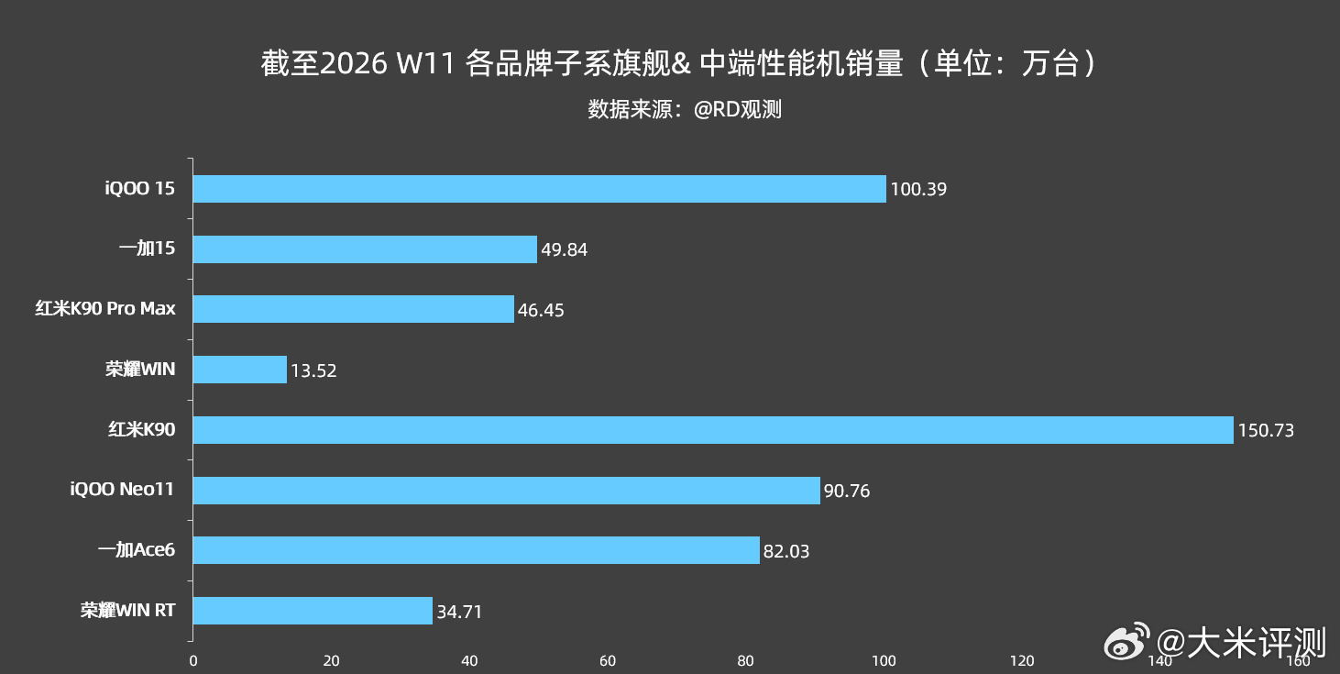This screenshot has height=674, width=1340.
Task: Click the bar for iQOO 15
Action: pyautogui.click(x=539, y=189)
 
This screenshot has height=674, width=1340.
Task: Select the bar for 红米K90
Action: pyautogui.click(x=713, y=430)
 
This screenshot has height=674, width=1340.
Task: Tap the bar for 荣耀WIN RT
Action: pyautogui.click(x=313, y=611)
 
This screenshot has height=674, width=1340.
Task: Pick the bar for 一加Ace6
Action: pyautogui.click(x=476, y=550)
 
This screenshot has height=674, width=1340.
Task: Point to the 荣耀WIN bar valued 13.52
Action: pyautogui.click(x=239, y=370)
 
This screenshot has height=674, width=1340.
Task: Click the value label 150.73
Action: pyautogui.click(x=1266, y=430)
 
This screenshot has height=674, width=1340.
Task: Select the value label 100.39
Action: pyautogui.click(x=918, y=190)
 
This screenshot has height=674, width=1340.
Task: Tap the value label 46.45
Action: pyautogui.click(x=541, y=310)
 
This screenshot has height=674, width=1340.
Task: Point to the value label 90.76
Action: pyautogui.click(x=847, y=491)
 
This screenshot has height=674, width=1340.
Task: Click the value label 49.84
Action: pyautogui.click(x=564, y=250)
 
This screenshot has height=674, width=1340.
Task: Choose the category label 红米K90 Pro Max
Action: pyautogui.click(x=105, y=309)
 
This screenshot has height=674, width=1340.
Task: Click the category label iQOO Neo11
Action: pyautogui.click(x=122, y=490)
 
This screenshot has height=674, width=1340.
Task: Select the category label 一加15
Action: pyautogui.click(x=147, y=249)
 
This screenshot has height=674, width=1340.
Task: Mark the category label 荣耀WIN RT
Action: pyautogui.click(x=127, y=611)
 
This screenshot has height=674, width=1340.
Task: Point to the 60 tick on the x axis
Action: pyautogui.click(x=608, y=660)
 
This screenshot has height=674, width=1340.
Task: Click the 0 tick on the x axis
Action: pyautogui.click(x=192, y=660)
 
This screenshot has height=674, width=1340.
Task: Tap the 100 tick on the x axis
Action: pyautogui.click(x=884, y=660)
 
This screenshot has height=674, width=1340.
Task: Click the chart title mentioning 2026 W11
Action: pyautogui.click(x=678, y=64)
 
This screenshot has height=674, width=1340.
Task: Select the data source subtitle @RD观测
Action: pyautogui.click(x=685, y=110)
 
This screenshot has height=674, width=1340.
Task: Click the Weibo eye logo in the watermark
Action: pyautogui.click(x=1126, y=644)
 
